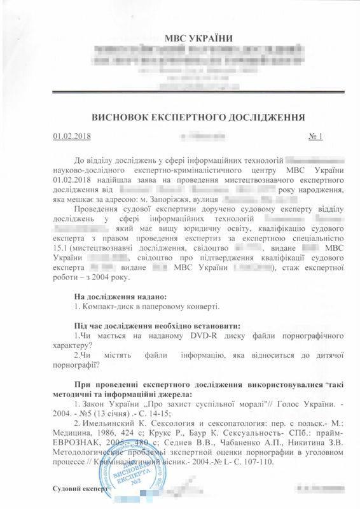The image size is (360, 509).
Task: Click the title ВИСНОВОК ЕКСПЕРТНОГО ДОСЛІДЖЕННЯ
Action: tap(181, 117)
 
